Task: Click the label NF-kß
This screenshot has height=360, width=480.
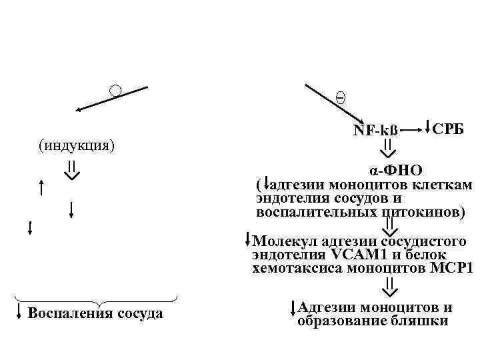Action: point(375,131)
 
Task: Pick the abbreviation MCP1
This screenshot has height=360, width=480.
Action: point(451,269)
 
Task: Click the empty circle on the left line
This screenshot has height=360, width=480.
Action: point(115,91)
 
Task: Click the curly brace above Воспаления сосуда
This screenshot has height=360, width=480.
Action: point(95,300)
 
